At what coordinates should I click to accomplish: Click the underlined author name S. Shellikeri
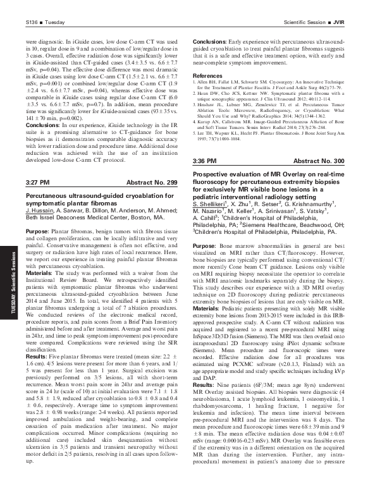click(210, 204)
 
